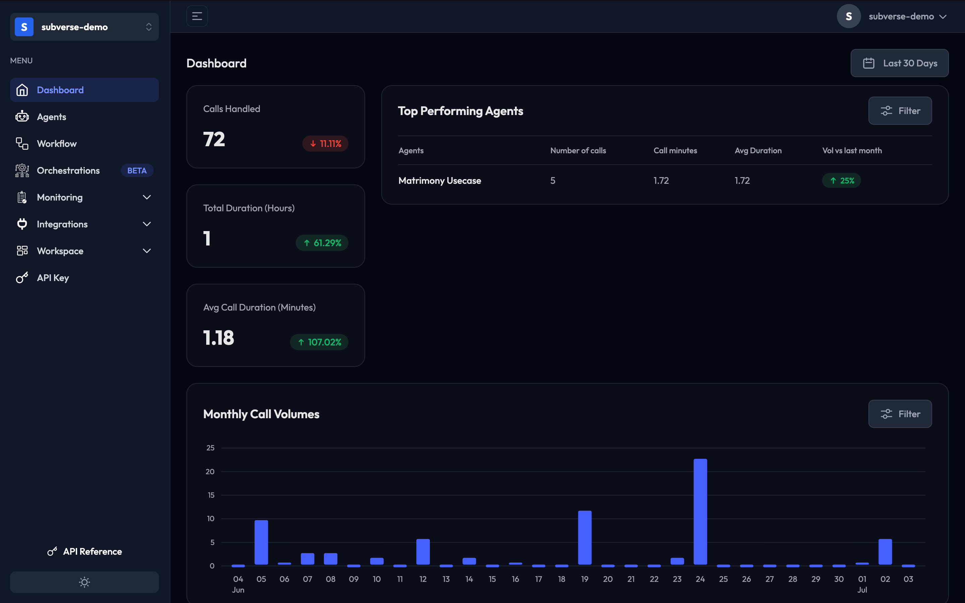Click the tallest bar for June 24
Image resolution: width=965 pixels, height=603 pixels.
coord(700,512)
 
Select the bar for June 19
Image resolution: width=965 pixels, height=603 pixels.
coord(585,538)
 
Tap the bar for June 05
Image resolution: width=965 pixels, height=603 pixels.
coord(261,542)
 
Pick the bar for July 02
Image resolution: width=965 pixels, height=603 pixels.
coord(885,552)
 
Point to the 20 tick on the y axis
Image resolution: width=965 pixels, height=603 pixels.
coord(210,472)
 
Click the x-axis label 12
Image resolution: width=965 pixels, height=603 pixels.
coord(423,579)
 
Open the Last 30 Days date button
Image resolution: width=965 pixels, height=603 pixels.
coord(900,63)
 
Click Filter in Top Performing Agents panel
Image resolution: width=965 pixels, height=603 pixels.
coord(900,111)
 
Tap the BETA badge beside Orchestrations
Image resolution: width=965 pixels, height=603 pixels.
coord(137,171)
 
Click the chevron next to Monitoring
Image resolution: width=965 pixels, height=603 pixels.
coord(147,198)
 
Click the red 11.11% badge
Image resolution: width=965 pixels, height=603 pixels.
coord(325,144)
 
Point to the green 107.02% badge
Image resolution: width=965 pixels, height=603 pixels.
coord(319,342)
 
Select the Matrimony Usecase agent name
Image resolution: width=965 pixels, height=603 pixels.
coord(440,181)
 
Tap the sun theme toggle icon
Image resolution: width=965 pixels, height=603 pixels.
coord(84,582)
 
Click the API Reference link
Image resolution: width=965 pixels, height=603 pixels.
coord(84,552)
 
